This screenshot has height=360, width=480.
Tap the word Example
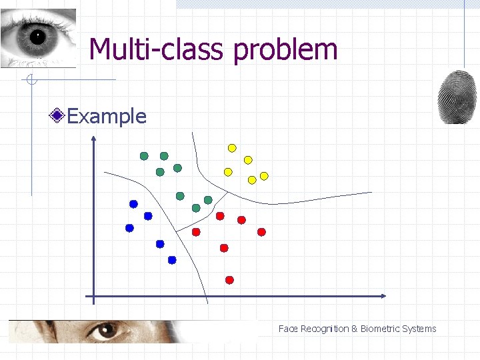(x=107, y=117)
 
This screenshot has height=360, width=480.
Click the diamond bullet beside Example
(x=58, y=117)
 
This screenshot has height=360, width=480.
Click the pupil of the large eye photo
(x=36, y=36)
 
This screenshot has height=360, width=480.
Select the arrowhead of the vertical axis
(x=94, y=139)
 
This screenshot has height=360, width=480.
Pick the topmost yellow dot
(x=232, y=148)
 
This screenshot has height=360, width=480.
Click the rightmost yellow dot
(x=264, y=176)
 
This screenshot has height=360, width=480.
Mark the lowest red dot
(x=229, y=280)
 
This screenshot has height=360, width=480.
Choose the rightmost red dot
(x=261, y=232)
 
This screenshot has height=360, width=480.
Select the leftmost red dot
(x=196, y=232)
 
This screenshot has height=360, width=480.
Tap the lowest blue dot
(x=172, y=260)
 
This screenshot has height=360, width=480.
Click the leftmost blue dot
(x=129, y=228)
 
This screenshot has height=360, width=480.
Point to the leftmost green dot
(x=144, y=156)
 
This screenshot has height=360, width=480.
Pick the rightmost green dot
(x=208, y=200)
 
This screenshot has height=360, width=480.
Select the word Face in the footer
(x=288, y=329)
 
